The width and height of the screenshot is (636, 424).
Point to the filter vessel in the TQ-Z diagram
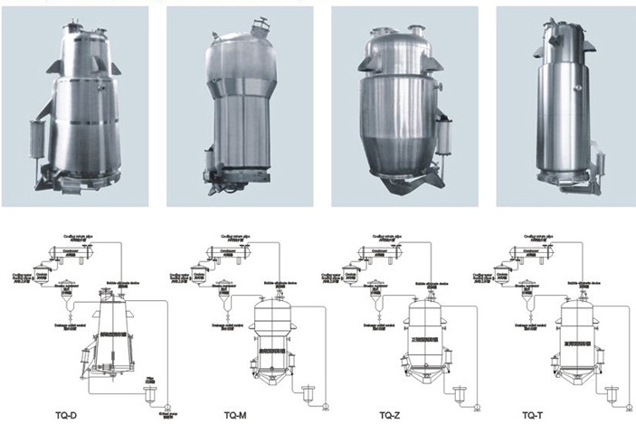click(x=461, y=391)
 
